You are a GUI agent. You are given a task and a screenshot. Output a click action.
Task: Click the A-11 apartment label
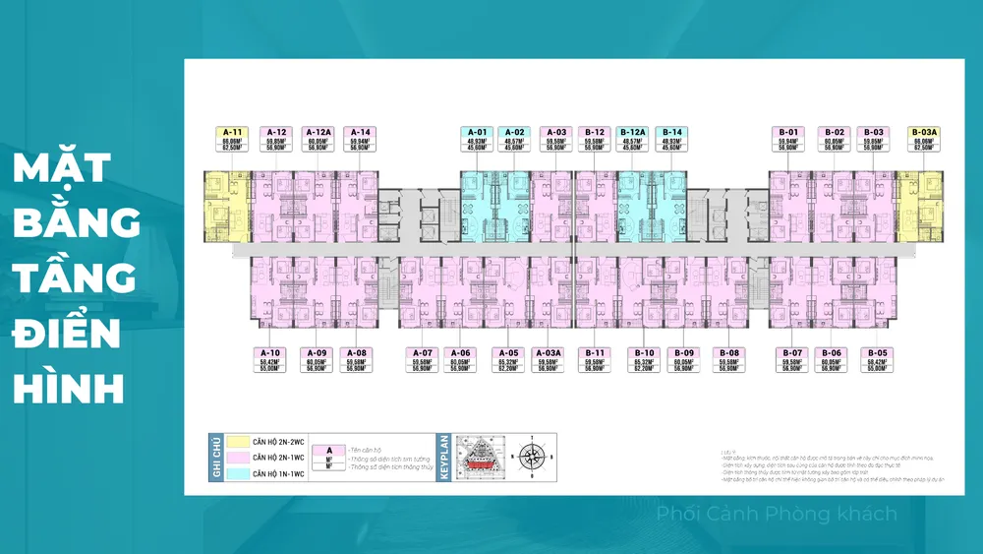click(232, 132)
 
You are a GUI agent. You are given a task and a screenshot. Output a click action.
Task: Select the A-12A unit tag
click(318, 132)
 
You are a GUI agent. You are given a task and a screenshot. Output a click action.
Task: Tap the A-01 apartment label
click(478, 132)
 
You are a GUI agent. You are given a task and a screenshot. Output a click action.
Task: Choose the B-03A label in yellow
click(925, 132)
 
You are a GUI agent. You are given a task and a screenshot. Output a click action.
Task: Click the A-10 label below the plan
click(270, 352)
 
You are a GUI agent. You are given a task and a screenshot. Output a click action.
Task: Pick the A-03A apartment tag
click(549, 352)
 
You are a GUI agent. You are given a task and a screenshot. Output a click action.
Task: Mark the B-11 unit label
click(594, 352)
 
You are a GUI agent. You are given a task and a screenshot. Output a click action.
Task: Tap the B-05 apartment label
click(877, 352)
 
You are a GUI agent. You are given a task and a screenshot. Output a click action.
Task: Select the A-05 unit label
click(508, 352)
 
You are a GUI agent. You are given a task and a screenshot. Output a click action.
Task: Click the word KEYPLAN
click(444, 457)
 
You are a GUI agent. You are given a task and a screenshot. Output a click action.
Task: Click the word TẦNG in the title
click(75, 279)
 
